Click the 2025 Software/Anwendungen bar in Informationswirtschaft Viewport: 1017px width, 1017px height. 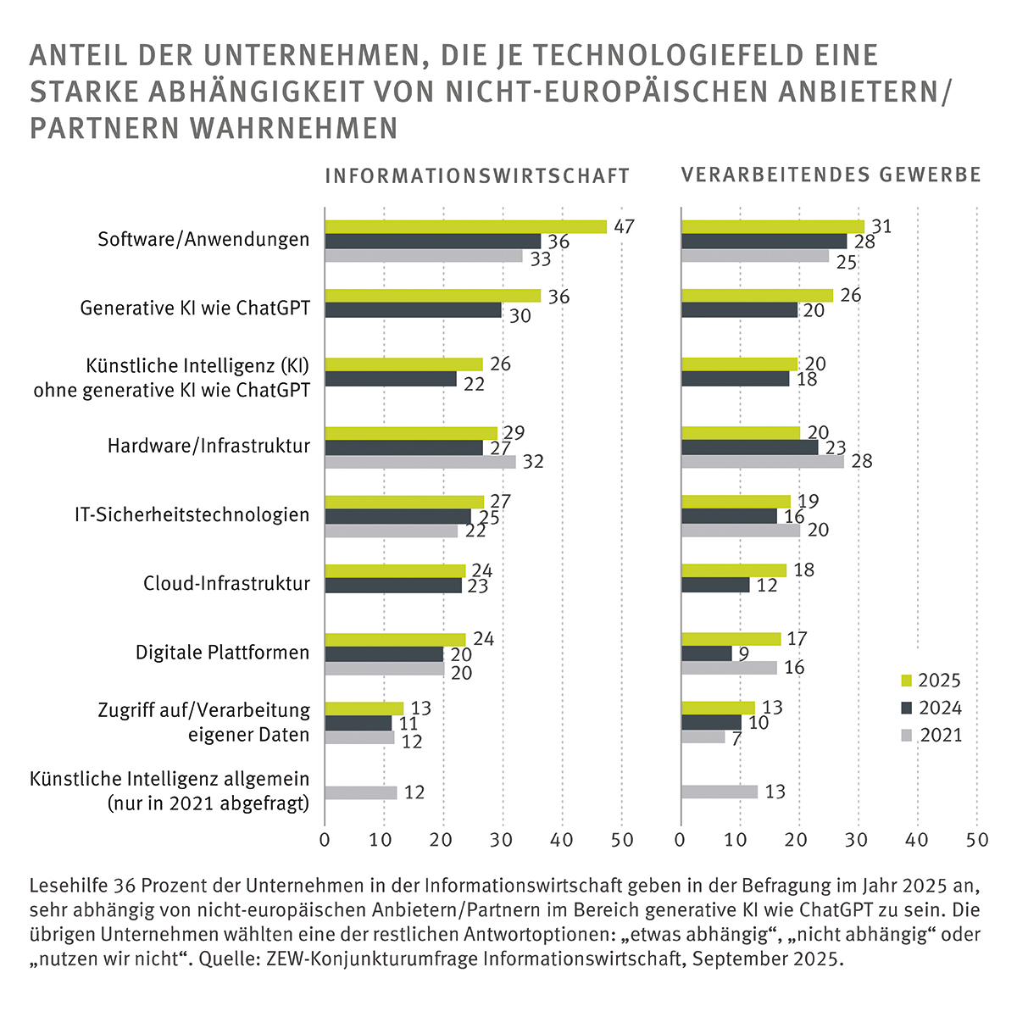click(x=465, y=226)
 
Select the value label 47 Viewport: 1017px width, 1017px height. click(x=625, y=226)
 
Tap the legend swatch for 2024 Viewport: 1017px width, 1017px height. click(x=905, y=709)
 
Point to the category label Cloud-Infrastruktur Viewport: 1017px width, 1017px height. click(x=226, y=584)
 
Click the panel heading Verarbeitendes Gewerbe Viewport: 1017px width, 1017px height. click(x=831, y=175)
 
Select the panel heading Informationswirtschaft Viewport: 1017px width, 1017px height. click(x=477, y=175)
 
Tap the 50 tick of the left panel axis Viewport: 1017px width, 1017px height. click(x=622, y=840)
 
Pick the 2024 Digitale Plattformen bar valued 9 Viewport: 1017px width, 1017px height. click(x=707, y=653)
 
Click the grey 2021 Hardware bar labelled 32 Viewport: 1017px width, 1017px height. click(x=420, y=463)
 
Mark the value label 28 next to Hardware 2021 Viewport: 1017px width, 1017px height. click(x=862, y=462)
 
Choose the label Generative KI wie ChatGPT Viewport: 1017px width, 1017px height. click(x=195, y=308)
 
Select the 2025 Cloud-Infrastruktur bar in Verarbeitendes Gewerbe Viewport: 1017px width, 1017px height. click(x=734, y=570)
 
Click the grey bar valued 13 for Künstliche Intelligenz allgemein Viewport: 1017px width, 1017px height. click(x=720, y=792)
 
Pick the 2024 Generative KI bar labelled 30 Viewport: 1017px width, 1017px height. click(x=413, y=310)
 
